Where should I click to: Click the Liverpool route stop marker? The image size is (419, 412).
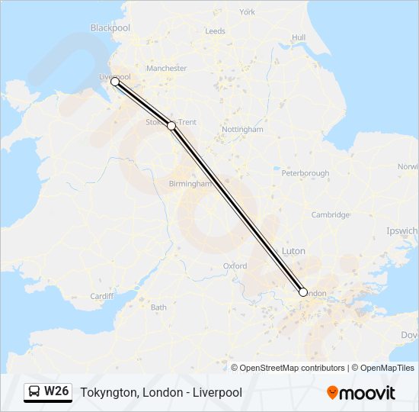click(115, 81)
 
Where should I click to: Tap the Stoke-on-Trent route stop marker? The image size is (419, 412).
click(171, 126)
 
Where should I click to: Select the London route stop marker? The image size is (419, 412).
click(303, 292)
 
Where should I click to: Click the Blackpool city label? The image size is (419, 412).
click(110, 27)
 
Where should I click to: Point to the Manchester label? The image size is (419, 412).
click(166, 69)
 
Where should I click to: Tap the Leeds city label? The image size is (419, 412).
click(215, 31)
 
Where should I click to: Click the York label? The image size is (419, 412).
click(247, 12)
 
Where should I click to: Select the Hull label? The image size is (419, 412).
click(298, 37)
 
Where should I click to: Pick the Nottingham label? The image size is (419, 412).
click(242, 130)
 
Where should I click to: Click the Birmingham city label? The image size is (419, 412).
click(190, 184)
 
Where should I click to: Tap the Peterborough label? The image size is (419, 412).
click(305, 173)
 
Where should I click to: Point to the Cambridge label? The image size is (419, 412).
click(330, 214)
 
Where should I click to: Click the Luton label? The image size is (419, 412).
click(293, 251)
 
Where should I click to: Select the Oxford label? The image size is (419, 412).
click(235, 266)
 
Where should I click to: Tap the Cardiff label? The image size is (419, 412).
click(101, 296)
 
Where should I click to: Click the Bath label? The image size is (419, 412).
click(158, 307)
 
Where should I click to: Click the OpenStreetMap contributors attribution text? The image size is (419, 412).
click(288, 368)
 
